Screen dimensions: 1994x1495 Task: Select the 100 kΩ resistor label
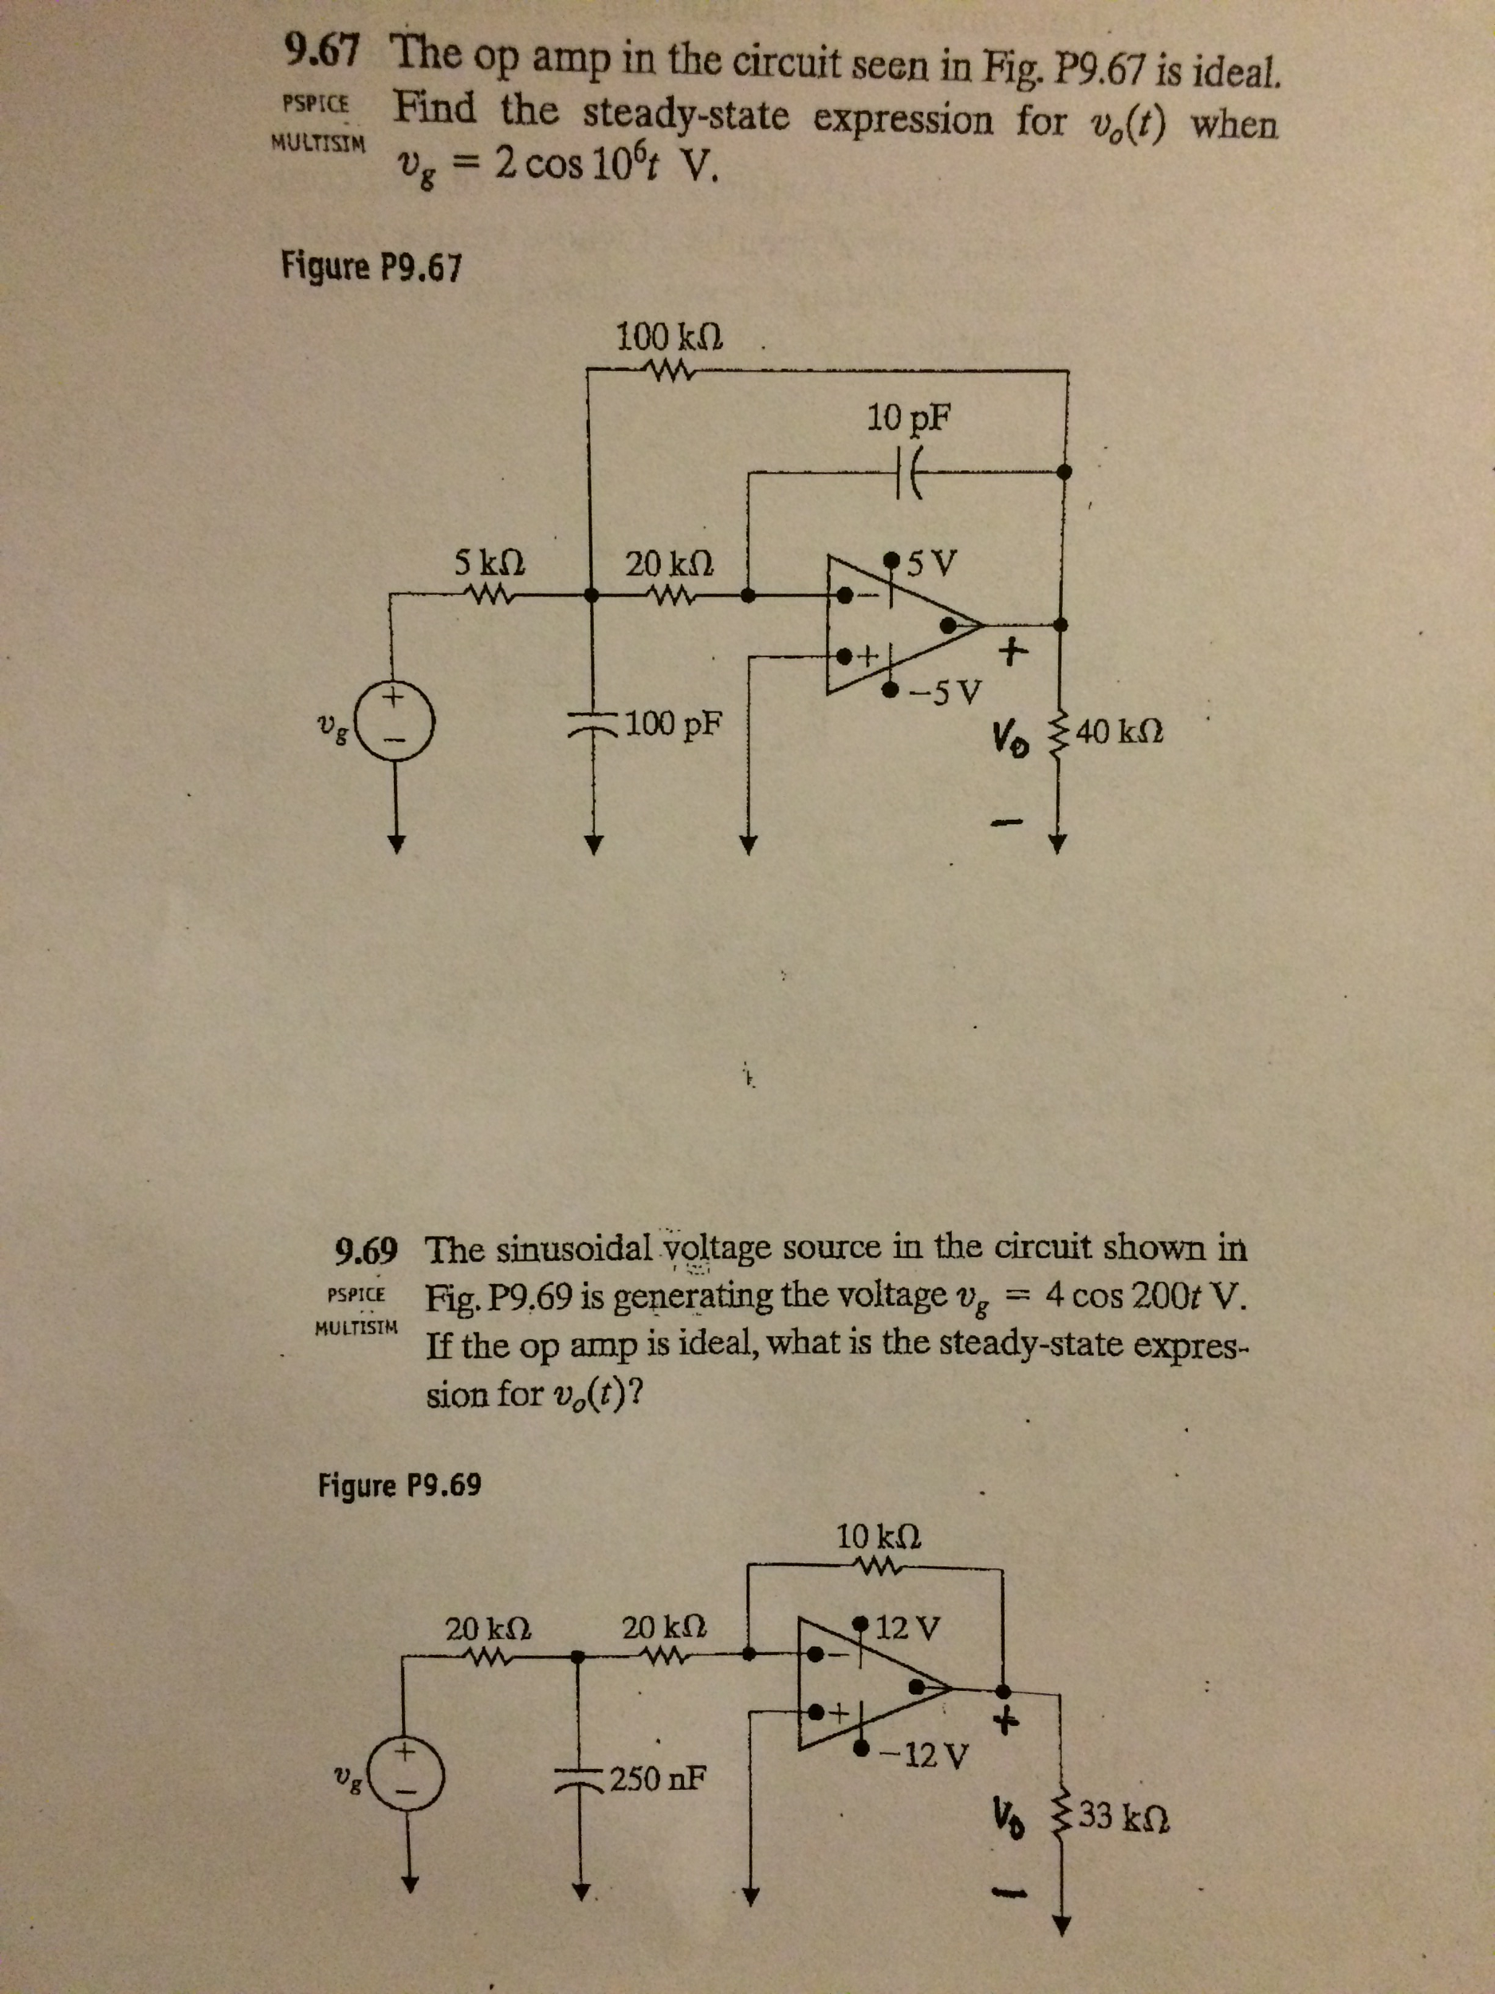click(670, 338)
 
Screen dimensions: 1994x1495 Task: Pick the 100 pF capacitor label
click(677, 722)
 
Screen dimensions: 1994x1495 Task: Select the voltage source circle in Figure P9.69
click(407, 1778)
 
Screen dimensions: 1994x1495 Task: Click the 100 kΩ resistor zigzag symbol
click(667, 368)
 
